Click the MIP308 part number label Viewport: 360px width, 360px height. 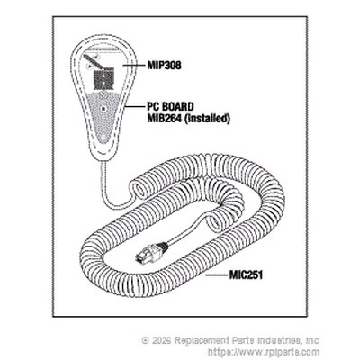coord(164,66)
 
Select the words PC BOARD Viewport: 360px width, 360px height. coord(170,107)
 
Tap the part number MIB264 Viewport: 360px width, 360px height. coord(164,119)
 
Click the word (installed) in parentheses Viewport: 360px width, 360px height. coord(207,119)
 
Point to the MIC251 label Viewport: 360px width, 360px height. coord(246,275)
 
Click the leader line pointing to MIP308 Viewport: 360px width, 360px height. coord(133,65)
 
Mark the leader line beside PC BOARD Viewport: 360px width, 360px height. coord(136,106)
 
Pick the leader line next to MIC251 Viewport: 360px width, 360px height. coord(217,274)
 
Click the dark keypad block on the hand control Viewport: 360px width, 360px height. coord(103,80)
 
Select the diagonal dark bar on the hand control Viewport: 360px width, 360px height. coord(94,62)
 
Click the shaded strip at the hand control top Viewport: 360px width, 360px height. coord(102,49)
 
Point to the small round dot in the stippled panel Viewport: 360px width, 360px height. coord(103,108)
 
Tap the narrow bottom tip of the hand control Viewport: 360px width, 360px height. coord(103,157)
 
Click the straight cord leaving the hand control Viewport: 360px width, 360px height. coord(104,180)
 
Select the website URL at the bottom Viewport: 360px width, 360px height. coord(264,352)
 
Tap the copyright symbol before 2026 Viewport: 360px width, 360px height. coord(146,340)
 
